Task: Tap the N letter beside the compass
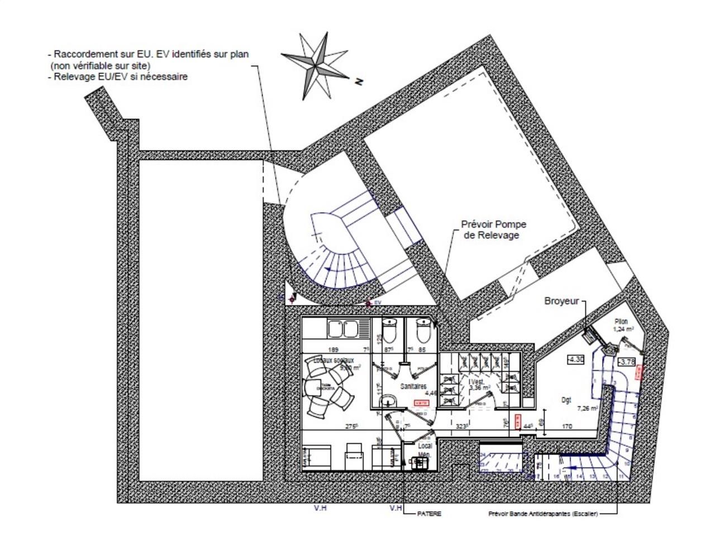pyautogui.click(x=359, y=82)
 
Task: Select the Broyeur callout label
pyautogui.click(x=561, y=301)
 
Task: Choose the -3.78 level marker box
pyautogui.click(x=627, y=362)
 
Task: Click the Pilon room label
pyautogui.click(x=621, y=322)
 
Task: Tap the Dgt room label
pyautogui.click(x=566, y=400)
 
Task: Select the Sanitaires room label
pyautogui.click(x=413, y=386)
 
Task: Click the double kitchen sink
pyautogui.click(x=343, y=329)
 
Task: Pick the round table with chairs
pyautogui.click(x=327, y=387)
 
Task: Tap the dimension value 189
pyautogui.click(x=333, y=350)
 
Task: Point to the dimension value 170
pyautogui.click(x=566, y=427)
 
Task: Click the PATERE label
pyautogui.click(x=429, y=514)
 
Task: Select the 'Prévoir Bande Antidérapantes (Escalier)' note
pyautogui.click(x=543, y=514)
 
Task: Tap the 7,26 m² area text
pyautogui.click(x=587, y=408)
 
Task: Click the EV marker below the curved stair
pyautogui.click(x=378, y=302)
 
